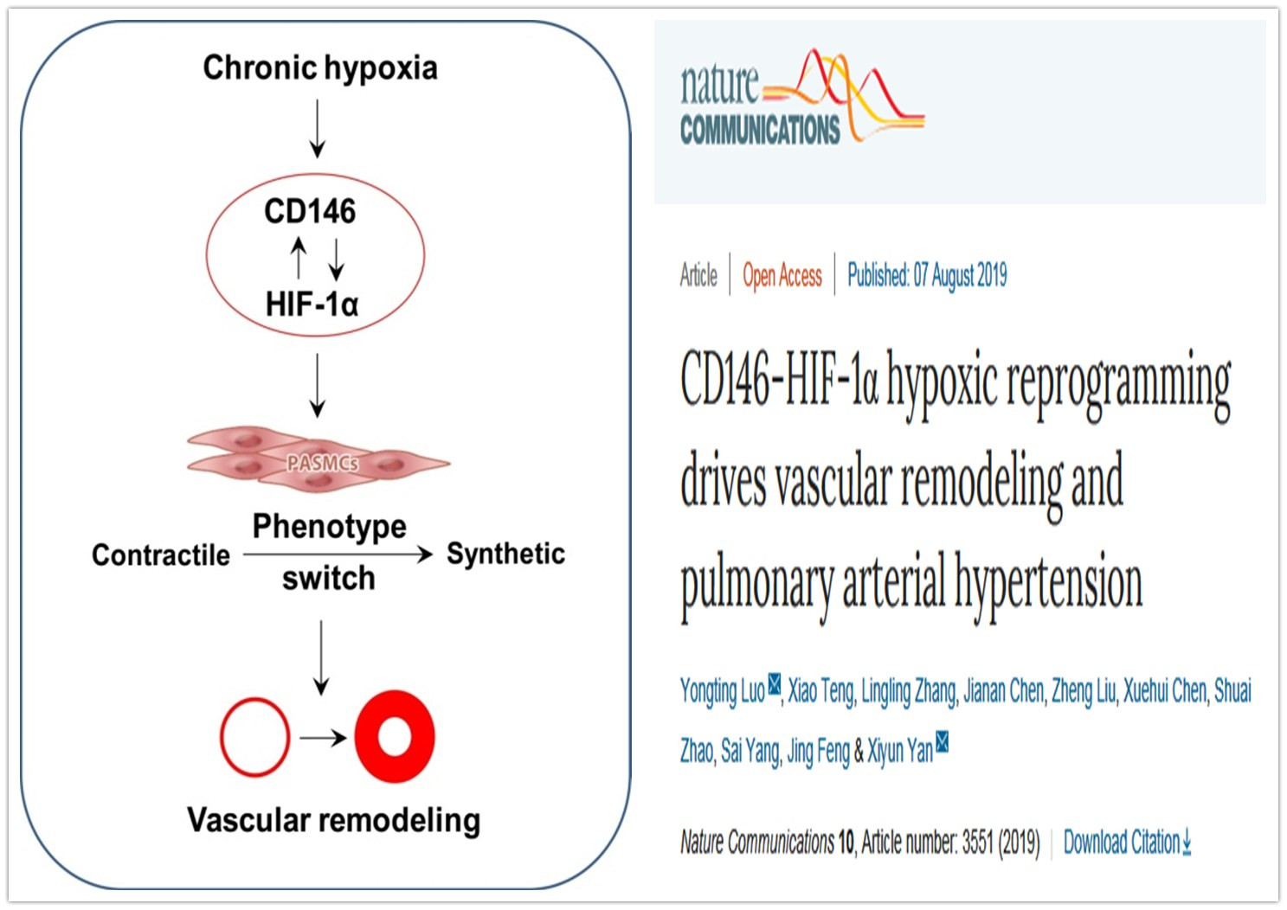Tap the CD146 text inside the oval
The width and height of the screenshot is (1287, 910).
(310, 211)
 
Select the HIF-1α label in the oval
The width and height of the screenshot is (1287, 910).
(312, 304)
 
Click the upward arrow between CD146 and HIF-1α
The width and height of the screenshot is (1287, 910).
(299, 258)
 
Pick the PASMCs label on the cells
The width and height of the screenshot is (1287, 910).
(322, 463)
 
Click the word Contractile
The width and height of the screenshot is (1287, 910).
(161, 555)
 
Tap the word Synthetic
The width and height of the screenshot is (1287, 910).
(506, 554)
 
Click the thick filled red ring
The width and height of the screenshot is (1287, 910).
(367, 737)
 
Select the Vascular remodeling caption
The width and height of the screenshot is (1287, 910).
(334, 820)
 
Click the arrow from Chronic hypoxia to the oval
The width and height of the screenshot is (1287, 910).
(317, 129)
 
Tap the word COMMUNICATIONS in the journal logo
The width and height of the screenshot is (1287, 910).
(760, 130)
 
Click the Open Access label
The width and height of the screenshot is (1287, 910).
(782, 276)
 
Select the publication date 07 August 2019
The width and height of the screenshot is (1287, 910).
(960, 275)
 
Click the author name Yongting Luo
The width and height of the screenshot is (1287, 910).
(723, 690)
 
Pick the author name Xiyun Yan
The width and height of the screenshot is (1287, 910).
(900, 750)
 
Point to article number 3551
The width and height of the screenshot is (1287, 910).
(978, 843)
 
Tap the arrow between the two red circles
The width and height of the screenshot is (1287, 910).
(324, 737)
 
